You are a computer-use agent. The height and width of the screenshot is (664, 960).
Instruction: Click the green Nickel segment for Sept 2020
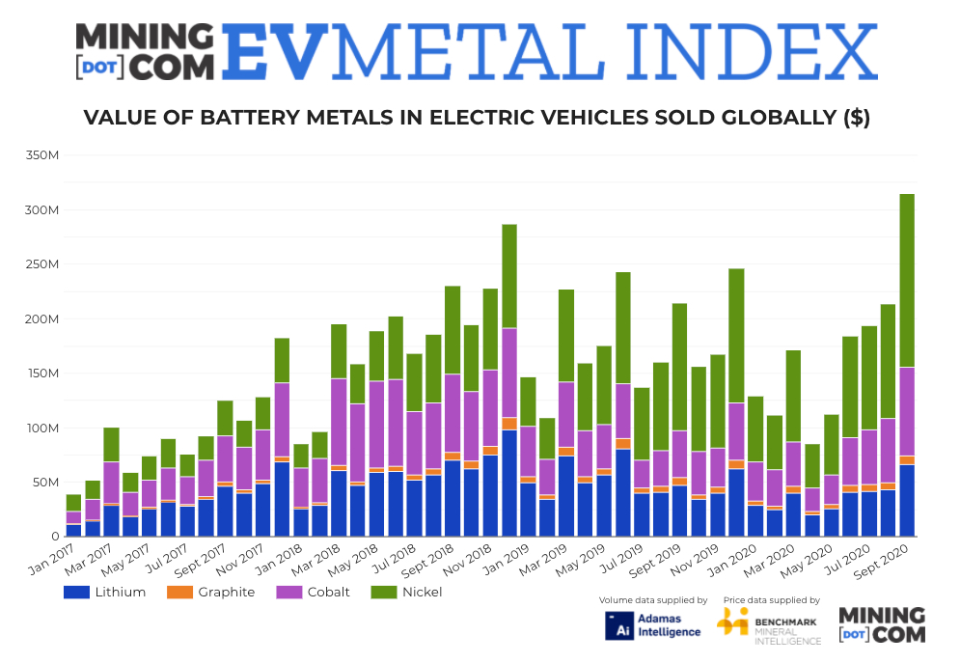[907, 280]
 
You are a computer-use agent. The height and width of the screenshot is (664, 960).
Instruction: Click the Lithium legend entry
[105, 592]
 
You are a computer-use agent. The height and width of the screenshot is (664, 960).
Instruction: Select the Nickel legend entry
[414, 592]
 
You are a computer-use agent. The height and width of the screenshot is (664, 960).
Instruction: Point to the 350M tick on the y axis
[42, 155]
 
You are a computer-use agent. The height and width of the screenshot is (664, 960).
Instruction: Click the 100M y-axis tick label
[42, 428]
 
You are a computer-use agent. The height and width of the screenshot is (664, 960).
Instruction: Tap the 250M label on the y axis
[42, 264]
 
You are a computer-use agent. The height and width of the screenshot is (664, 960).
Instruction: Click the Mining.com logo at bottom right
[881, 624]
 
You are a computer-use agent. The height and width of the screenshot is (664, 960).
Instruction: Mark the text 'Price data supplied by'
[771, 600]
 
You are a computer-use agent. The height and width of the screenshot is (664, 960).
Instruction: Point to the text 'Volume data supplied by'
[653, 600]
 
